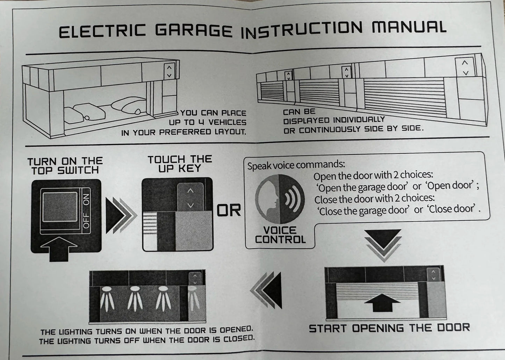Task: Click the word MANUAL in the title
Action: (x=409, y=27)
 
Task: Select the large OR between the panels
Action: (x=229, y=210)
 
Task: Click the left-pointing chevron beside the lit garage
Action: (x=267, y=290)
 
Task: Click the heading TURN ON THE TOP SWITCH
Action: (x=65, y=166)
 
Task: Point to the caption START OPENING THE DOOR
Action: (x=389, y=328)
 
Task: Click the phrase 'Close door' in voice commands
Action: (x=453, y=209)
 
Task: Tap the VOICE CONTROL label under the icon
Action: (x=280, y=235)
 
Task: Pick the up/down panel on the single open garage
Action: (x=169, y=71)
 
